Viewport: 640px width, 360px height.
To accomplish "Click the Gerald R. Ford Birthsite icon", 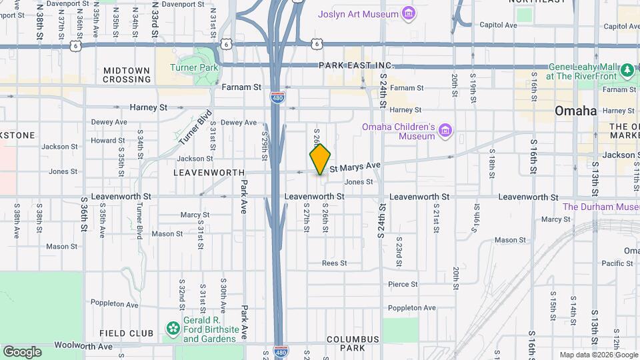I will coord(173,328).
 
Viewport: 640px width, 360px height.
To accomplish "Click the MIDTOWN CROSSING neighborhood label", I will coord(127,75).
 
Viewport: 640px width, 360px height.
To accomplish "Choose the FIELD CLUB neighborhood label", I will coord(123,333).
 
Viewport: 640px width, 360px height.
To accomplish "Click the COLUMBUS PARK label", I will coord(353,343).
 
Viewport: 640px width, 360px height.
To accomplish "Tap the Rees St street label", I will coord(335,263).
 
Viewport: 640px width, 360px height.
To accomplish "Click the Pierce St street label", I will coord(403,284).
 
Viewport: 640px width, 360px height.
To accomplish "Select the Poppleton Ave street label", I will coord(412,307).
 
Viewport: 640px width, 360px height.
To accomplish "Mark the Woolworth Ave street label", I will coord(85,346).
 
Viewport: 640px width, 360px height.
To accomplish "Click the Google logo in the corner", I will coord(21,351).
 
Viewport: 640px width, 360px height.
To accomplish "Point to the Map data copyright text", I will coord(598,355).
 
